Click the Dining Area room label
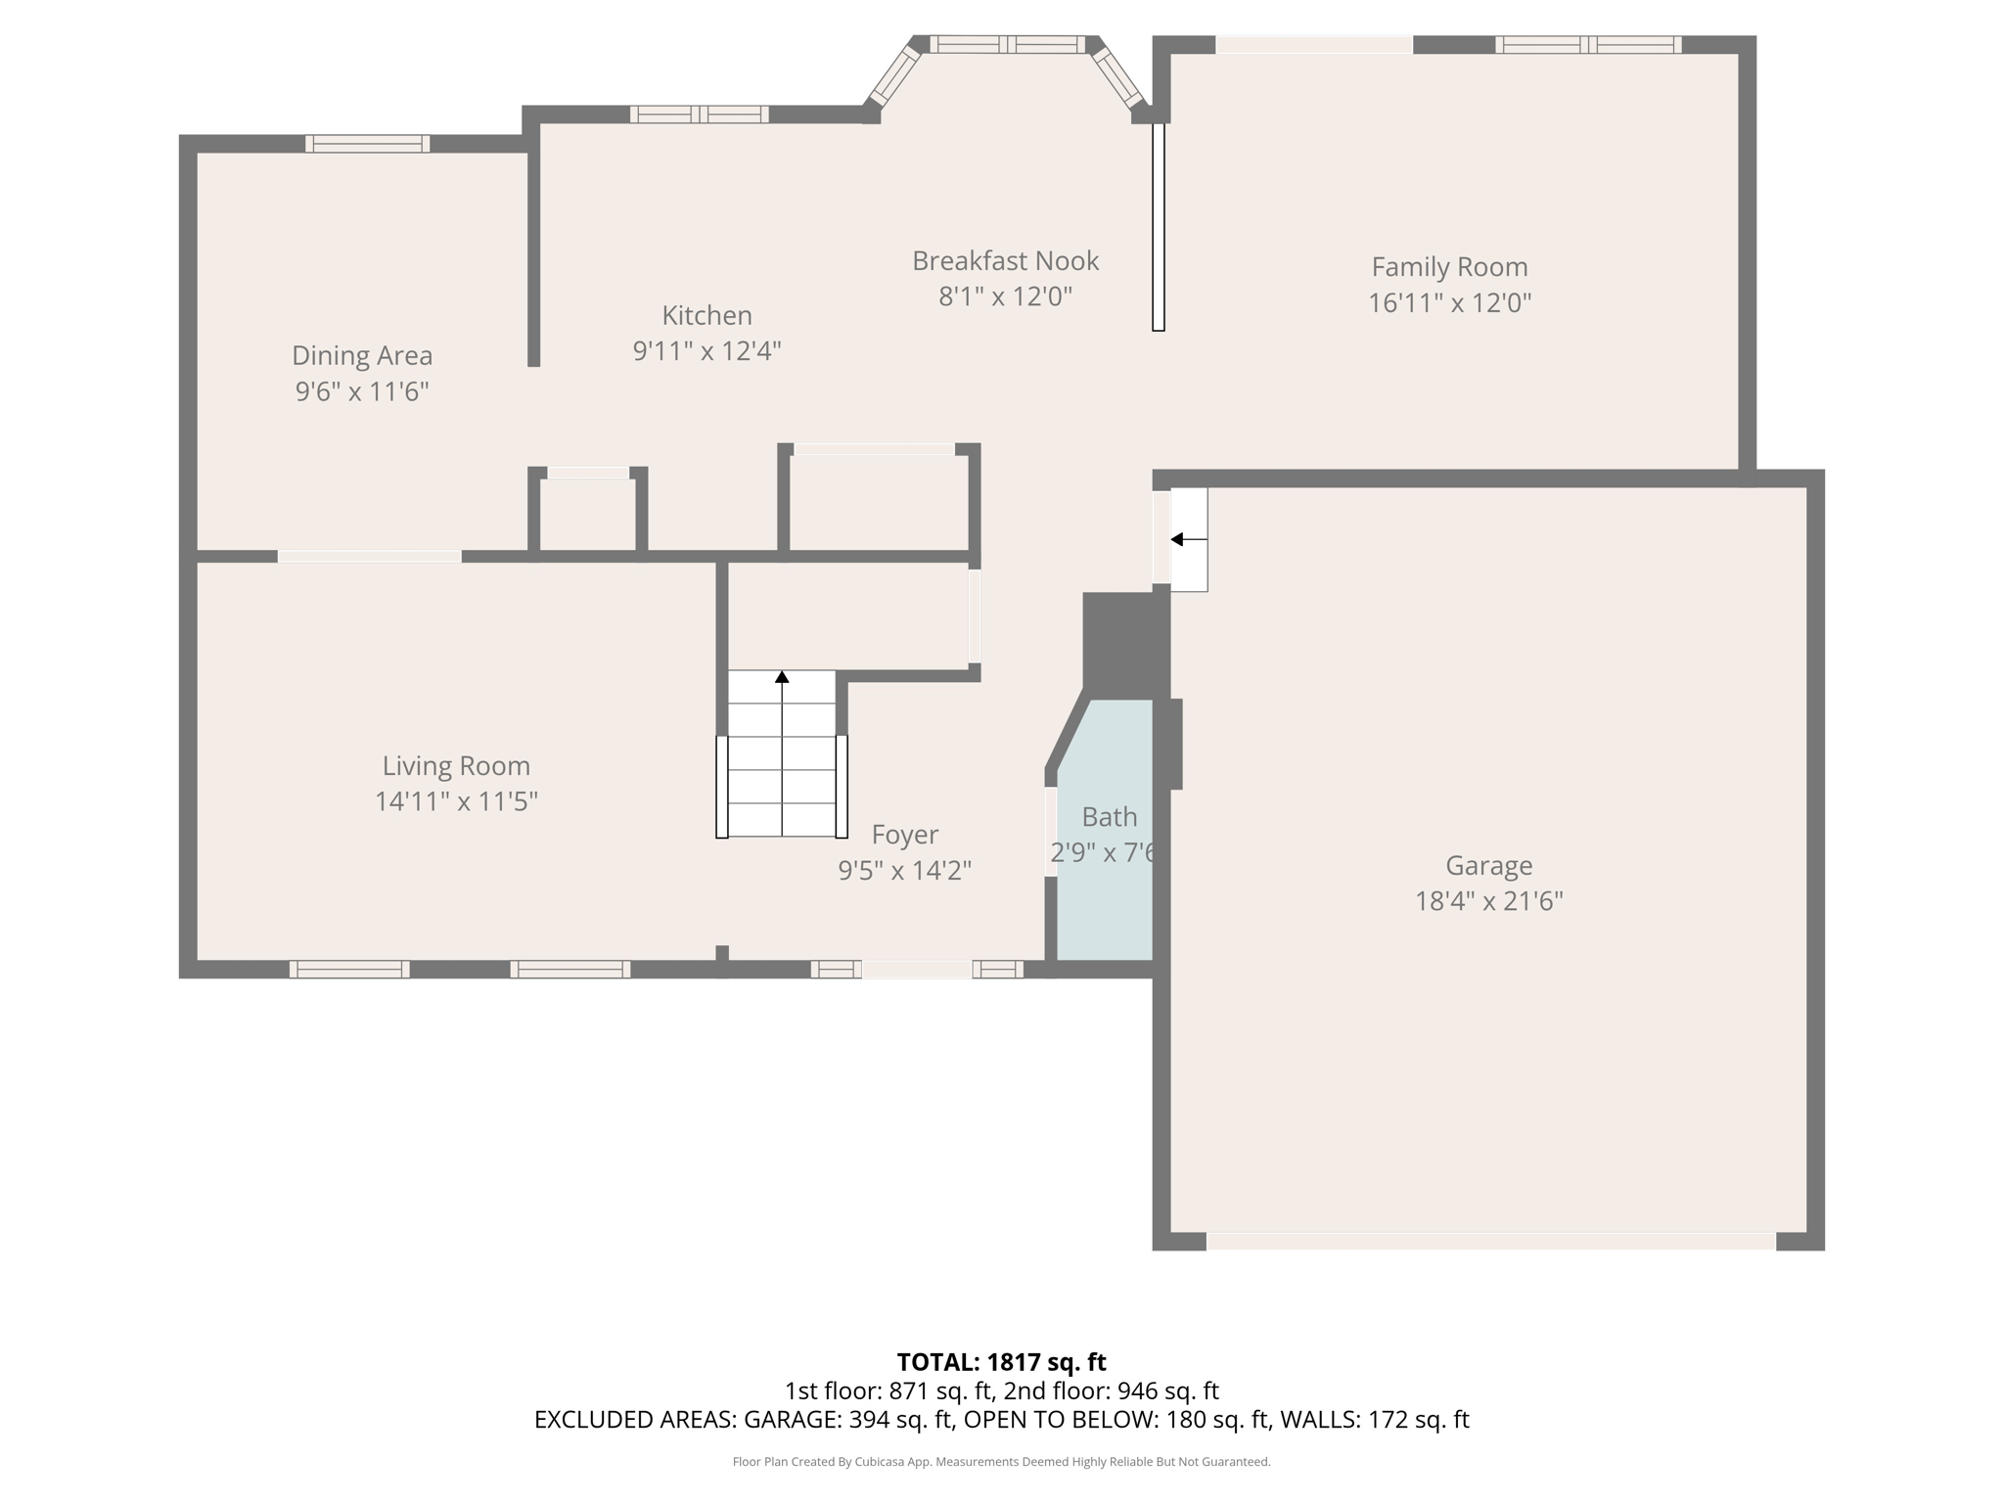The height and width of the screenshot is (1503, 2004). pos(362,355)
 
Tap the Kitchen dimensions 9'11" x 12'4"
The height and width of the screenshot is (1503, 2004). pos(706,350)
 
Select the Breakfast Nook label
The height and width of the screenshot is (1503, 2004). pos(1005,261)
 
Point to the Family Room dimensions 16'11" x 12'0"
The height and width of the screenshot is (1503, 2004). pos(1448,302)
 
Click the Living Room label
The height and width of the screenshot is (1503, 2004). pos(456,765)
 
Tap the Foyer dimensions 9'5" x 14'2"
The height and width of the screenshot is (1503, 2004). pos(904,870)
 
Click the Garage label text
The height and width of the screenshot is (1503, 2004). pos(1488,865)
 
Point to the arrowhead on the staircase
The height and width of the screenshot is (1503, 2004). pos(782,676)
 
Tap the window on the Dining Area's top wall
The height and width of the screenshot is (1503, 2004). pos(367,144)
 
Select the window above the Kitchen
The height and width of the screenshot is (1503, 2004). pos(699,114)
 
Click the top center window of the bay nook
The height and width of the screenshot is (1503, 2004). pos(1007,44)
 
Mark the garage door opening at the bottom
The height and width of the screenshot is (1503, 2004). pos(1490,1241)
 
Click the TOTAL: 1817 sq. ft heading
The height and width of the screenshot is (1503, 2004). pos(1001,1361)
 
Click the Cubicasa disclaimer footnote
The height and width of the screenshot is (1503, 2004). pos(1001,1462)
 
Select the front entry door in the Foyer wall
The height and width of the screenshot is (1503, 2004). pos(917,969)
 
